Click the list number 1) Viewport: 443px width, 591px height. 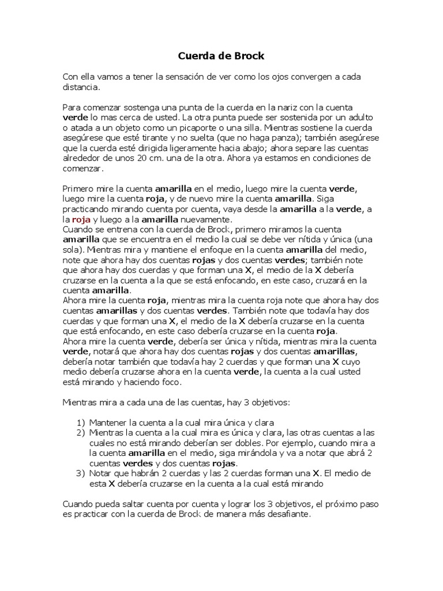tap(81, 422)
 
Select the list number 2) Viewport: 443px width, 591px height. tap(81, 432)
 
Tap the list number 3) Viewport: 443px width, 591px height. tap(81, 473)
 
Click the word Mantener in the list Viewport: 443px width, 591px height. tap(108, 422)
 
